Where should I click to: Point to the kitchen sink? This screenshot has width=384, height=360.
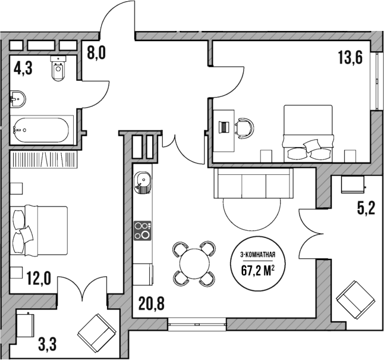click(x=143, y=180)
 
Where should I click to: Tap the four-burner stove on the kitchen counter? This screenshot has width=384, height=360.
click(x=143, y=230)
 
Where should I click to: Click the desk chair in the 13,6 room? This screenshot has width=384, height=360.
click(x=244, y=126)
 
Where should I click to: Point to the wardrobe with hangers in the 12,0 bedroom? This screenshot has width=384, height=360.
click(x=45, y=160)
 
